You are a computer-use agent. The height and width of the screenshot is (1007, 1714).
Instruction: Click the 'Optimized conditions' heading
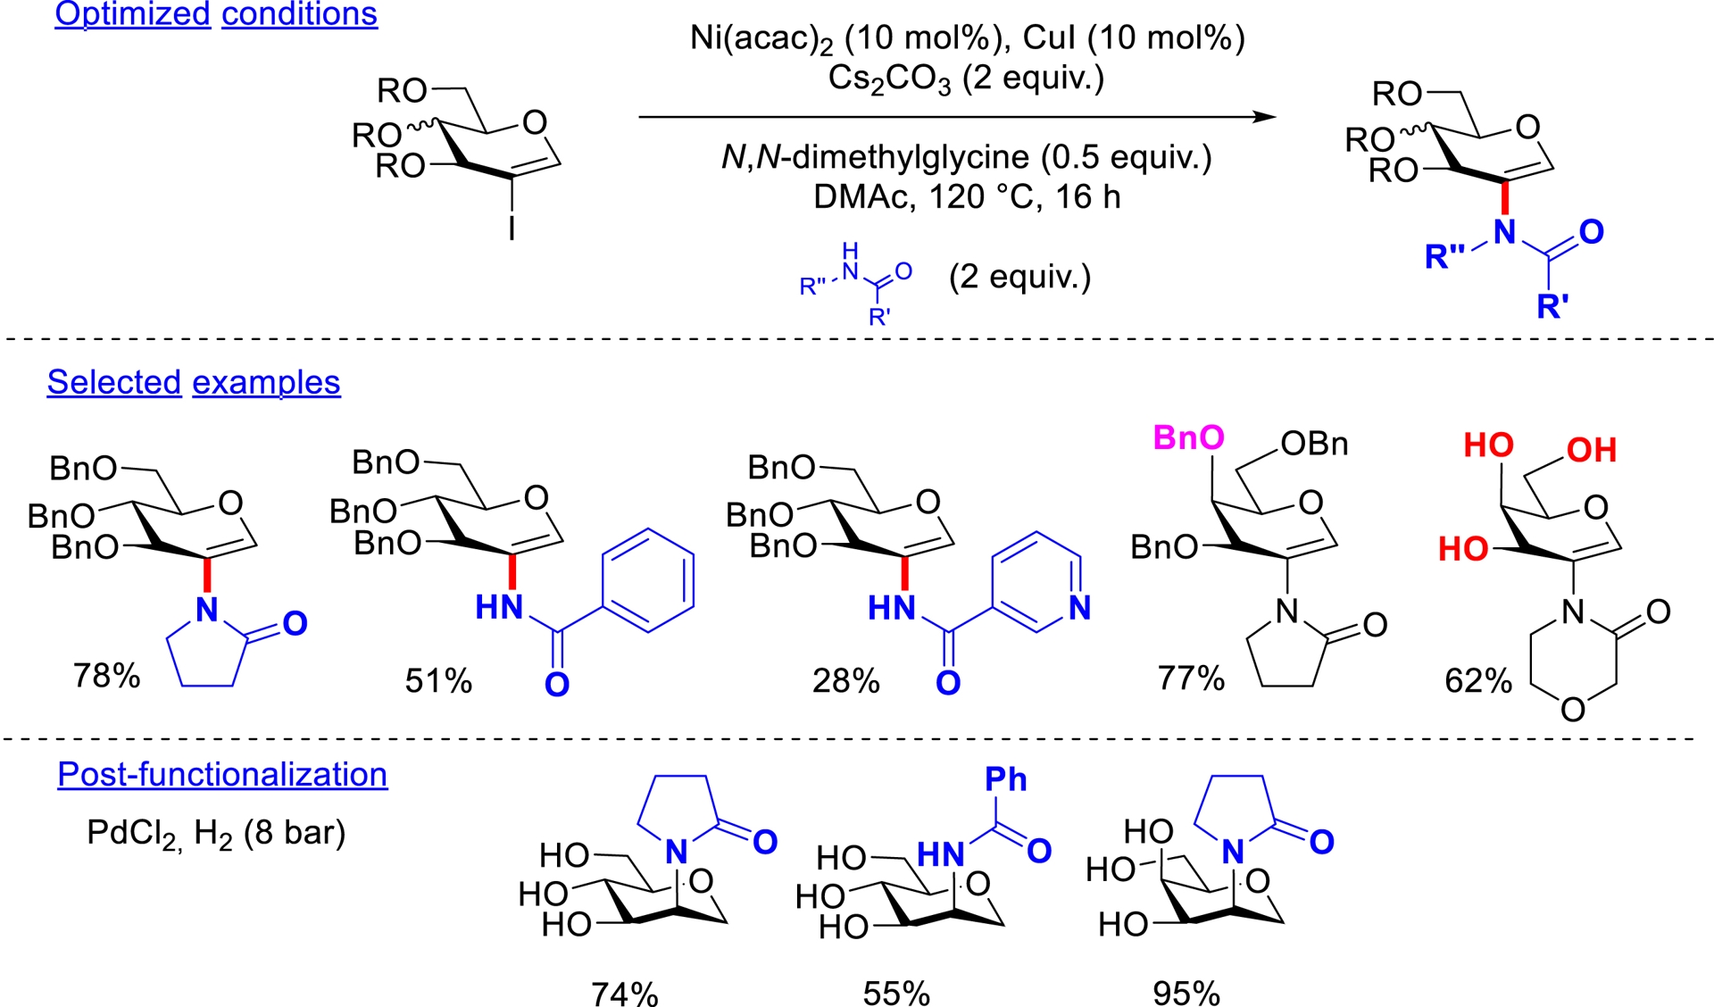216,14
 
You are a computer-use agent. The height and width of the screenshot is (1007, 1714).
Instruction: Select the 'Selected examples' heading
194,382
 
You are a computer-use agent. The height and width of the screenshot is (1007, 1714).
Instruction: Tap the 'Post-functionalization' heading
222,774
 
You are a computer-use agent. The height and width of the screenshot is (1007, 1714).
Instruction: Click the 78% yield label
107,676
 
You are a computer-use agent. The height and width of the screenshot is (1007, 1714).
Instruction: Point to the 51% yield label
438,681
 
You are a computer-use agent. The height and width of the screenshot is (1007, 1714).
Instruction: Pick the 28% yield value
845,681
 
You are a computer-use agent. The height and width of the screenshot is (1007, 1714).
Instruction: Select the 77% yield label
1191,678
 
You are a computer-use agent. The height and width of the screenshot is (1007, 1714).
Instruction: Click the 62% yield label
1478,681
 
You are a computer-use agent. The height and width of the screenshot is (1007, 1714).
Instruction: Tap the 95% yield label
1186,993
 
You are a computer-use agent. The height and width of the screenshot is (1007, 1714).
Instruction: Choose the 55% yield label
896,993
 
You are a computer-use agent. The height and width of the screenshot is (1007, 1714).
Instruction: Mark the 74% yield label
625,993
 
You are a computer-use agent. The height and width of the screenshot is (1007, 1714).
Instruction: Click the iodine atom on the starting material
512,229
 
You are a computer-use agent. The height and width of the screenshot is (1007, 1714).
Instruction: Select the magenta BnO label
1188,437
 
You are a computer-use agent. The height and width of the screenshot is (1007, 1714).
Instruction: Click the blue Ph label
1005,779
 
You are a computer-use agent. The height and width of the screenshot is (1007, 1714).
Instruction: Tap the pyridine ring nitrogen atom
1079,608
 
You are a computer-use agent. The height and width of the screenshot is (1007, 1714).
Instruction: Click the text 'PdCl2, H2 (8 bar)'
216,833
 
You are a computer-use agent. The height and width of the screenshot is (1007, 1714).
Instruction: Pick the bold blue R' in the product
1552,306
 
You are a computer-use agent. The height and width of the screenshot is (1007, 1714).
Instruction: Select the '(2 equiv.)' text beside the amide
1019,277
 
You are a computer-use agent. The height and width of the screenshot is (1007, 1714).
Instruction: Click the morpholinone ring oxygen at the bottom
1573,710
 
